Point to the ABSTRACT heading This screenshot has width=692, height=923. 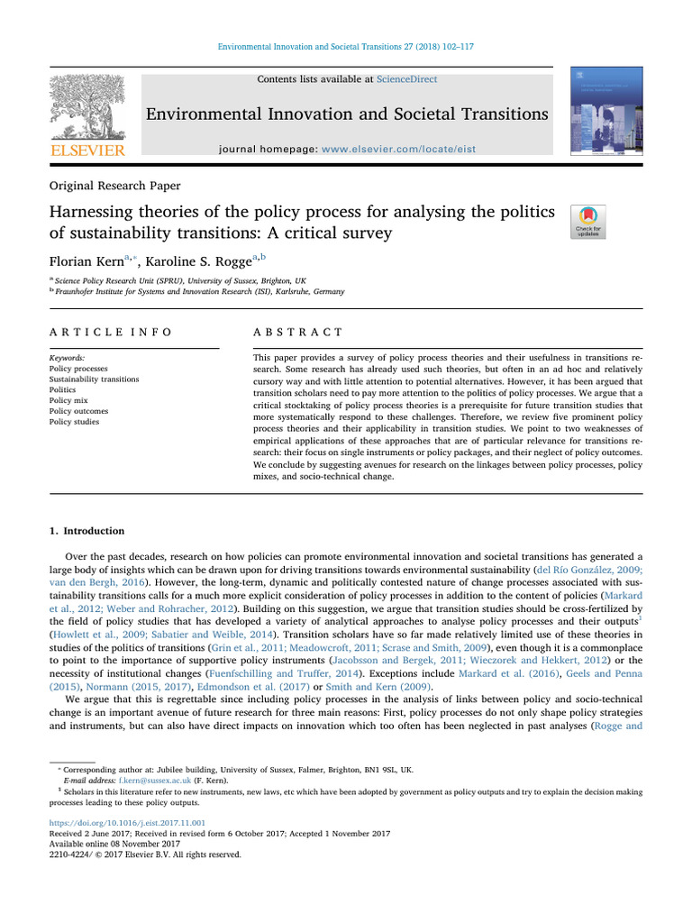coord(297,332)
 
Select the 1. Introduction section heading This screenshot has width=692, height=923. coord(86,531)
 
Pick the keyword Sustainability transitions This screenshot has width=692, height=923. coord(94,379)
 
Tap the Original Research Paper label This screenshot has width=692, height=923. coord(114,186)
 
